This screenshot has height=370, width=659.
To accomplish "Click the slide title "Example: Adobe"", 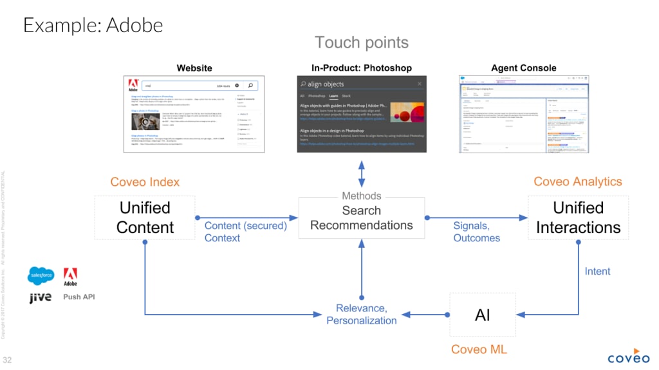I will [x=93, y=25].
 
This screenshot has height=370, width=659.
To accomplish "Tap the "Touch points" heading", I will [x=361, y=43].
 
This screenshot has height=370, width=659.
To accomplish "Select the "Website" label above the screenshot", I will [x=194, y=68].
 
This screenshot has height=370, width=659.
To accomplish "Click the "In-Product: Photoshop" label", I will [x=361, y=68].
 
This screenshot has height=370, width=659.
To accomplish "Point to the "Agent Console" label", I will [x=524, y=68].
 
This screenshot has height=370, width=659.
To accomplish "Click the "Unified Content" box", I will [x=145, y=218].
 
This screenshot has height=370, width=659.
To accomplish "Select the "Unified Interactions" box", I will [x=578, y=218].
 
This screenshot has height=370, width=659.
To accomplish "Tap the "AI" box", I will [x=482, y=315].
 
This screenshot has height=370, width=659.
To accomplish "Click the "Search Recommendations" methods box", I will [x=361, y=218].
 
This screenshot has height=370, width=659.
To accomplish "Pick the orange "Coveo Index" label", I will [x=145, y=182].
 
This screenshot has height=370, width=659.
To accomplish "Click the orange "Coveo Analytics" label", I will [x=578, y=182].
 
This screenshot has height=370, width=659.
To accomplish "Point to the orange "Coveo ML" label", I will [x=482, y=349].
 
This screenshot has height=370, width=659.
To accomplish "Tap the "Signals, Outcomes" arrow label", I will [x=476, y=232].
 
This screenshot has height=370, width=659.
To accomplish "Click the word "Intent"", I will [x=597, y=272].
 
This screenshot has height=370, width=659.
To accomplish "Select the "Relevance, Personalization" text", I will [x=361, y=314].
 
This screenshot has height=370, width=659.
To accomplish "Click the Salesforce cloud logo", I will [x=41, y=275].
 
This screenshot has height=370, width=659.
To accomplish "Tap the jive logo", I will [x=40, y=298].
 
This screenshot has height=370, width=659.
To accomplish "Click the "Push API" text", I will [x=79, y=297].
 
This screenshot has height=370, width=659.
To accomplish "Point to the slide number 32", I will [x=8, y=359].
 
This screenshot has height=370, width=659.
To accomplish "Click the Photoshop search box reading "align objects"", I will [x=361, y=84].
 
